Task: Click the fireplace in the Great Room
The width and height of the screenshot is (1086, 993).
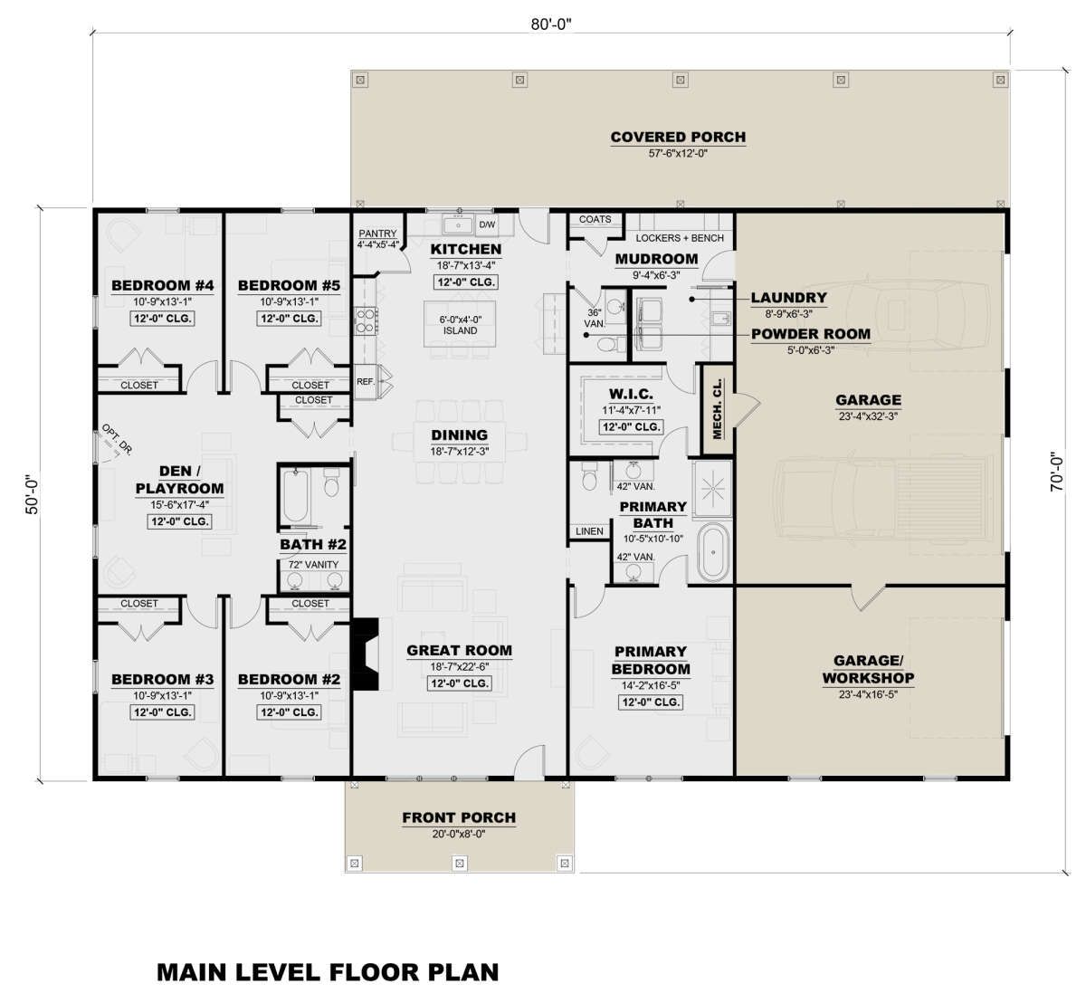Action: pos(366,654)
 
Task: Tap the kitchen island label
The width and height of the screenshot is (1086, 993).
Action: pos(460,325)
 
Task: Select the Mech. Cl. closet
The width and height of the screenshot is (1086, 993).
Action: pos(718,409)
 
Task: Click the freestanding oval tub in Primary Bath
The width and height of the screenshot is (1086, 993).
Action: pos(713,552)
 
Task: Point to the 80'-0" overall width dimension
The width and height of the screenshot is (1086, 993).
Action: pos(550,24)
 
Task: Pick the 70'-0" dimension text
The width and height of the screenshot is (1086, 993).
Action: pos(1057,472)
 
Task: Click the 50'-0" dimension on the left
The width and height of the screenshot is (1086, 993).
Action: pos(33,493)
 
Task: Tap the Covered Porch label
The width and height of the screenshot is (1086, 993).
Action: pos(678,137)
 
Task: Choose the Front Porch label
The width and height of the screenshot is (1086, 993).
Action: pos(459,817)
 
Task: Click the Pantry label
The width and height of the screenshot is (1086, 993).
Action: pos(377,234)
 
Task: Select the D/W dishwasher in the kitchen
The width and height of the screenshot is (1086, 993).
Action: pos(487,224)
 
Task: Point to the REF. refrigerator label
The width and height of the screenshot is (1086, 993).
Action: pos(366,381)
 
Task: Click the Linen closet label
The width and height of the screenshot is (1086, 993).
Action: pos(589,531)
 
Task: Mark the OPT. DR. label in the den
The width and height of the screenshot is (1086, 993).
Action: pos(117,439)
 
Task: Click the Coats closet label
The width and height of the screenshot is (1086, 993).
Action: pos(595,219)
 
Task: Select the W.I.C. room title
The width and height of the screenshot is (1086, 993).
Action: pos(631,394)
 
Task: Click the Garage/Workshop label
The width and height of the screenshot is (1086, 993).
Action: pos(868,669)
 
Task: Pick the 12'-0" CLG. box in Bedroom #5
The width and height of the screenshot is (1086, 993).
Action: pos(289,319)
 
